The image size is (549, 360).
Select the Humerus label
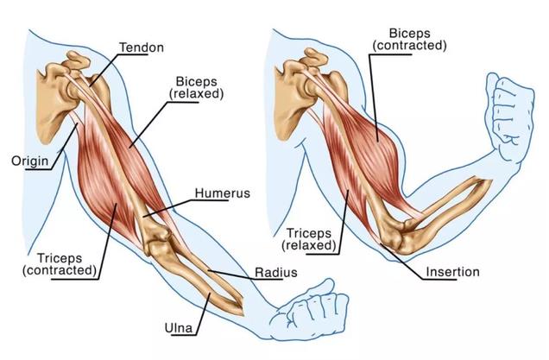coord(222,193)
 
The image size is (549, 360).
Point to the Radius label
coord(275,273)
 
